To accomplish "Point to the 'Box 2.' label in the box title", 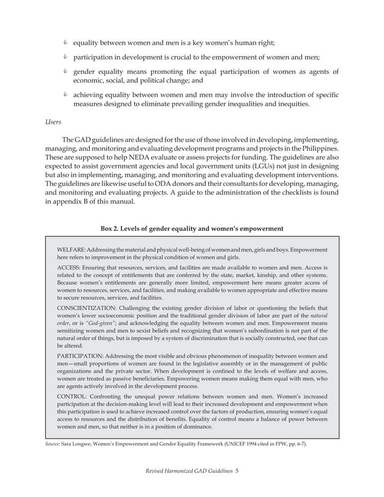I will [x=113, y=228].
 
